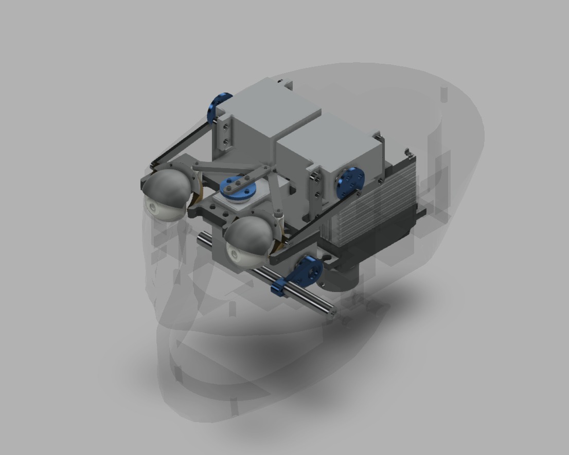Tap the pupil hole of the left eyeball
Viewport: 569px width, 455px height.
click(152, 207)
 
